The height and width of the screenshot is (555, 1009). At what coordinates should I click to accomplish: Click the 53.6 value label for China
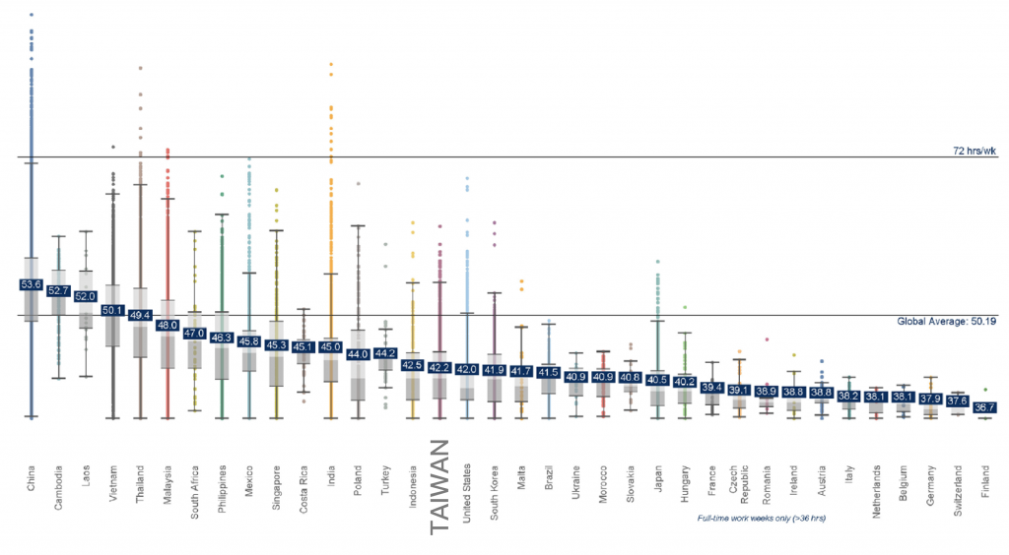tap(31, 284)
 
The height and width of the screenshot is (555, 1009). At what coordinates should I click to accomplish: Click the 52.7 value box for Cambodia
tap(58, 290)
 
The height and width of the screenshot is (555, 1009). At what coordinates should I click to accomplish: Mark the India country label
tap(332, 471)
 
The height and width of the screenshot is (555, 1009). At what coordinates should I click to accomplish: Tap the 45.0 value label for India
tap(331, 346)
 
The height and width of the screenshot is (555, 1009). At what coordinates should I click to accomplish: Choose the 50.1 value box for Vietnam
tap(113, 311)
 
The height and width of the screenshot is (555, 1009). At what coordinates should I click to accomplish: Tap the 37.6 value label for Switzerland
tap(957, 401)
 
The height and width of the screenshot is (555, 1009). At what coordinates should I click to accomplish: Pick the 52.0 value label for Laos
tap(86, 296)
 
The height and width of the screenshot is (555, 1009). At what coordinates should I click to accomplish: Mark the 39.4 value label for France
tap(711, 387)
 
